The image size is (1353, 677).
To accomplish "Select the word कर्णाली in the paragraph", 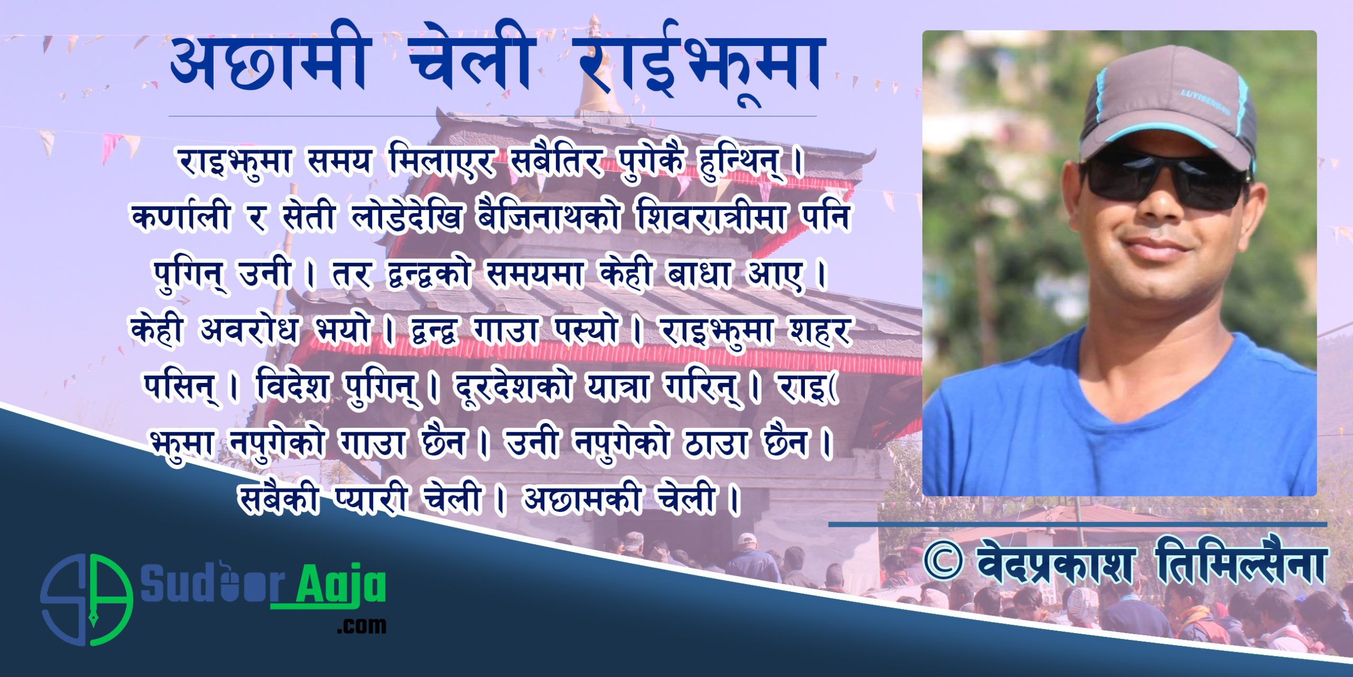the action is click(x=183, y=217).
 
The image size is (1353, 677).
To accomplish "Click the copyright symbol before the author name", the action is click(x=943, y=564).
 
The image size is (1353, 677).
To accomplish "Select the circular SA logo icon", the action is click(x=86, y=600).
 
